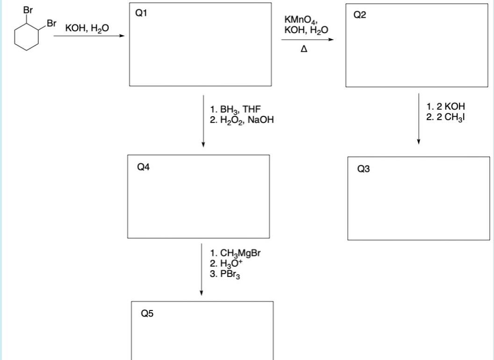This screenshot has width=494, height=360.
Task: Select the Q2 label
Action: (360, 15)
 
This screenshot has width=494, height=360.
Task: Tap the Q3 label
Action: (363, 169)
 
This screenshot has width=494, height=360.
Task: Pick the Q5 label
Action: (147, 314)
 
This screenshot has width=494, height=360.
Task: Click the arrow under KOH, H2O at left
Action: (89, 36)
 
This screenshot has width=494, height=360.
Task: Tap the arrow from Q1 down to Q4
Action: (203, 121)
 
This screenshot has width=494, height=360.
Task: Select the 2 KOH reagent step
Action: (445, 106)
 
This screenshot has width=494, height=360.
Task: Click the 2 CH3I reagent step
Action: (446, 115)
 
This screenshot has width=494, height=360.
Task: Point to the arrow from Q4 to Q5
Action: (201, 269)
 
